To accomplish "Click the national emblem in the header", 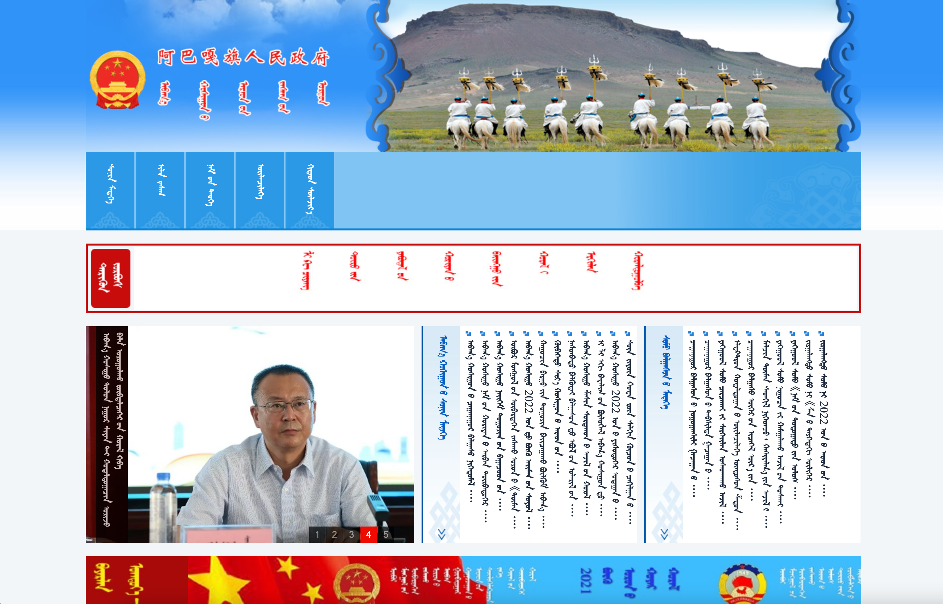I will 117,80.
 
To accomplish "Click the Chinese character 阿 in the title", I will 166,57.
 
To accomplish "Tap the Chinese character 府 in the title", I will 320,57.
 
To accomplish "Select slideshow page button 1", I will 317,534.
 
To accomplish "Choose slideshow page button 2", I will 334,534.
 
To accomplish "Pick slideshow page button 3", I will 351,534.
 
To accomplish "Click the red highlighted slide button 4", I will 368,534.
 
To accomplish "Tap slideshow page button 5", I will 385,534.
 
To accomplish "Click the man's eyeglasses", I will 286,406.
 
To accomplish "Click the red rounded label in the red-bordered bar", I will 111,278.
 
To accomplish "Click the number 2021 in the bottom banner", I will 586,580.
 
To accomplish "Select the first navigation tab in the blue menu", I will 110,190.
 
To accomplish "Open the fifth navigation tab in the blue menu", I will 310,190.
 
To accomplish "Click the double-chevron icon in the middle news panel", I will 442,534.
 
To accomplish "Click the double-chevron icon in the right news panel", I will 664,534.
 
